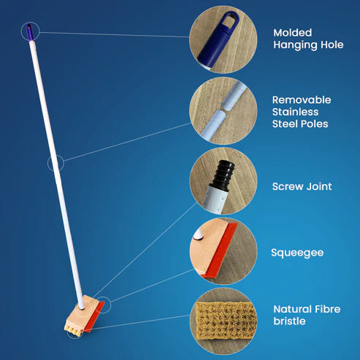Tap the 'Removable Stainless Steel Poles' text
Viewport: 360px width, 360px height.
(x=302, y=112)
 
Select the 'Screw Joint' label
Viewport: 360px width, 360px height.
(x=302, y=186)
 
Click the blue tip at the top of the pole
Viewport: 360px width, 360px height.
(x=28, y=31)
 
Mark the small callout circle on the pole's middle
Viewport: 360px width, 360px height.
(x=55, y=163)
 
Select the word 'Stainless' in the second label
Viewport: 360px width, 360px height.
(x=296, y=112)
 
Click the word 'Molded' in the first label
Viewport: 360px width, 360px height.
(x=291, y=32)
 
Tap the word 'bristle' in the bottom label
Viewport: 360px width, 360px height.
(x=291, y=322)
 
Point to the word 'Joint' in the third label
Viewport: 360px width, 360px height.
(x=318, y=186)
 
